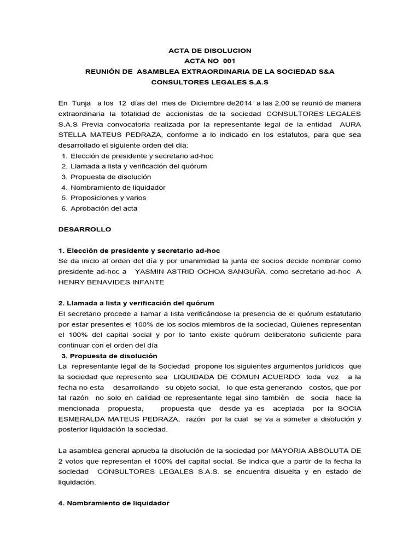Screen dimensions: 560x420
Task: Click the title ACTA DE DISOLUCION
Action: point(209,50)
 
